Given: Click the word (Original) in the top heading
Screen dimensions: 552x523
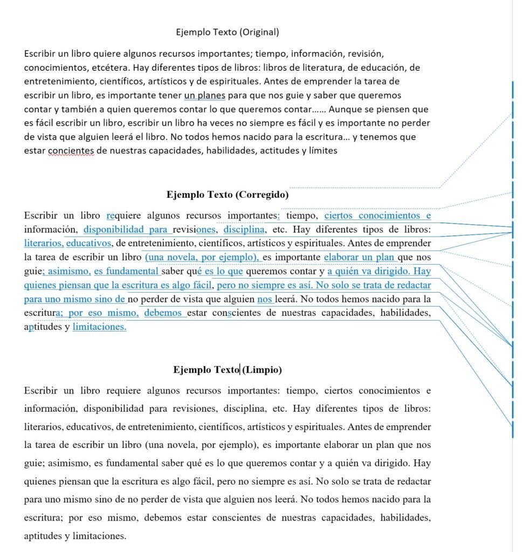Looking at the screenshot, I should pos(259,32).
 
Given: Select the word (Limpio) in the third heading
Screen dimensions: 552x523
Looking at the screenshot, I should pos(262,370).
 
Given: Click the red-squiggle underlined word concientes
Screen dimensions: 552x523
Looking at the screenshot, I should pos(71,150).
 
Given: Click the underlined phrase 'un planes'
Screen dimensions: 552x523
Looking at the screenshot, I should pos(204,95).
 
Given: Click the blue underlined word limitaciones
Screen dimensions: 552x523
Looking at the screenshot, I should pos(99,327).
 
